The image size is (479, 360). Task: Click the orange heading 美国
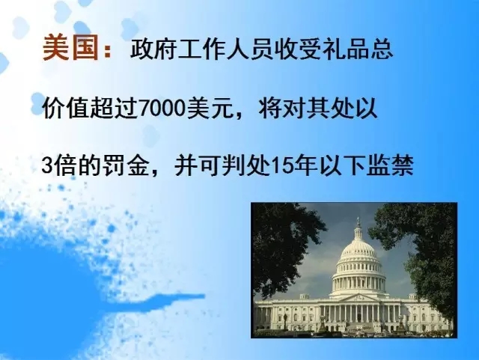pyautogui.click(x=70, y=47)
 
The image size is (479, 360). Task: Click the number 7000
pyautogui.click(x=162, y=109)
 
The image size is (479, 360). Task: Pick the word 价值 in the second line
pyautogui.click(x=65, y=109)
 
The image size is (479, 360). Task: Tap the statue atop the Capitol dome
pyautogui.click(x=359, y=222)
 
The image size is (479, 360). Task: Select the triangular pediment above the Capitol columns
pyautogui.click(x=359, y=297)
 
